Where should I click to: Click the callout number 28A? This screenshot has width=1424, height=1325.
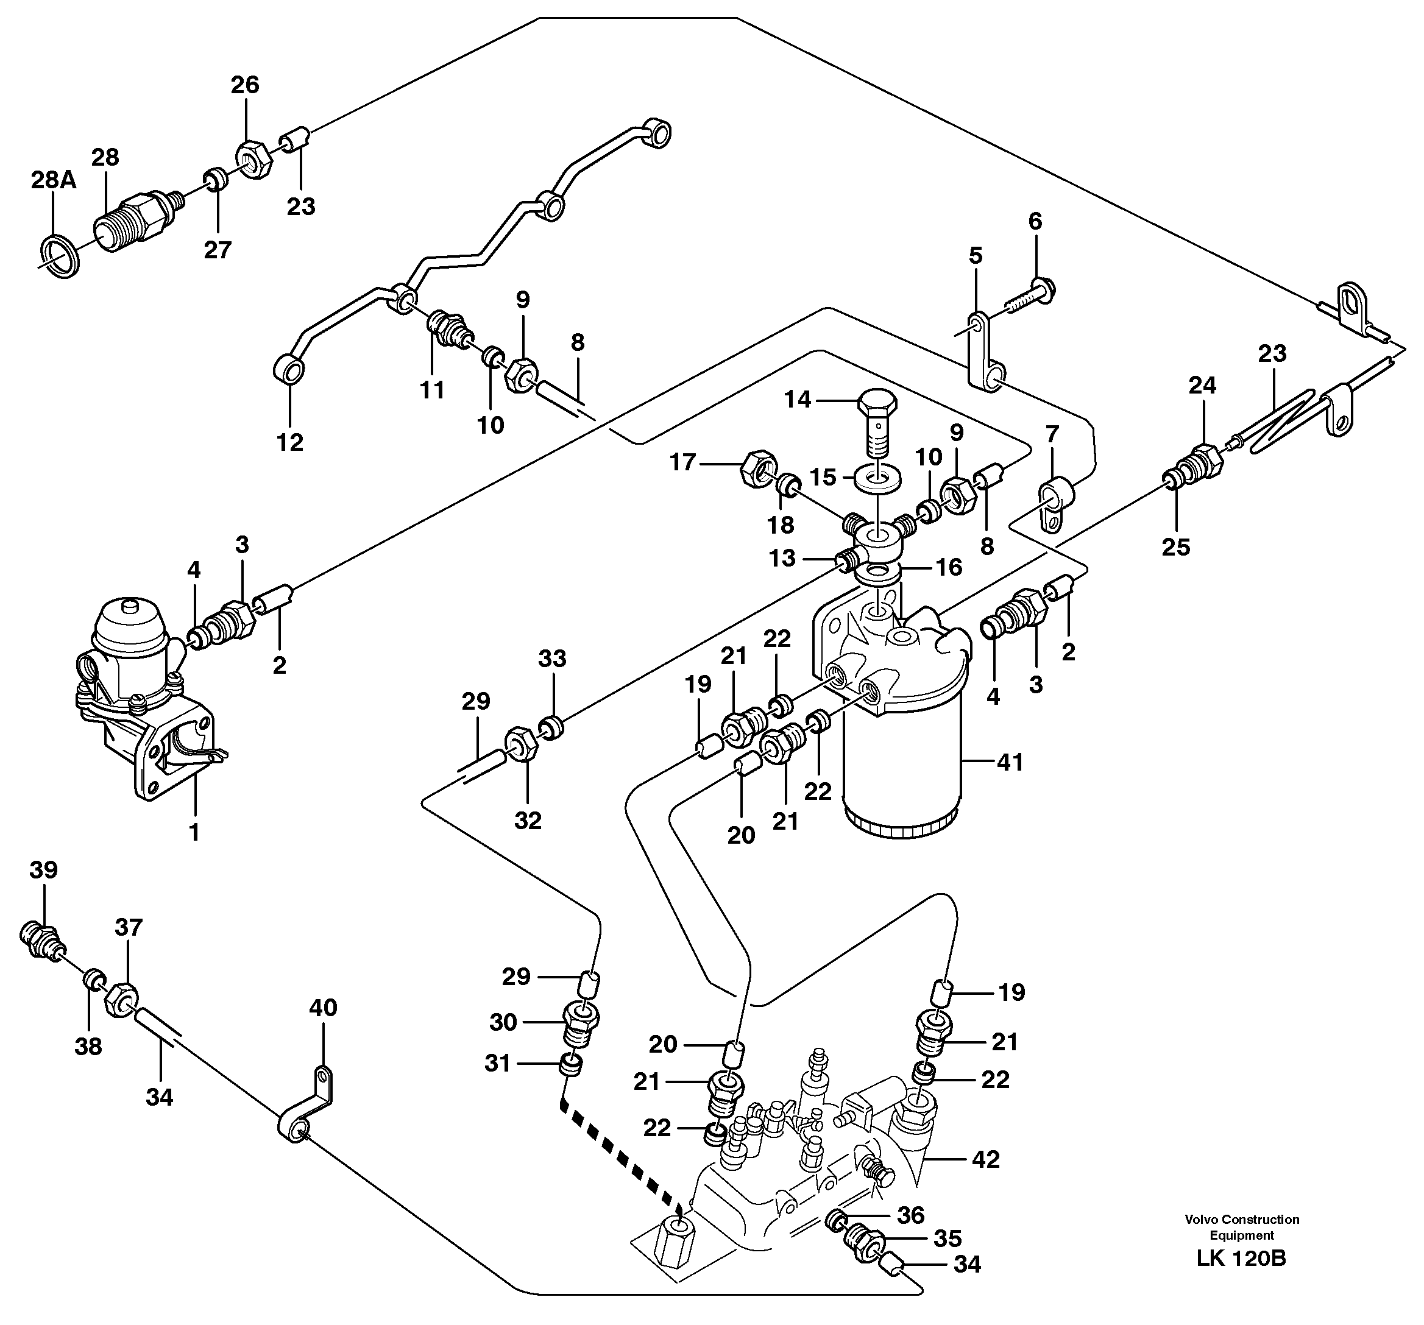[53, 180]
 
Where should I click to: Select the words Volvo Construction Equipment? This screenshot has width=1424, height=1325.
[1241, 1227]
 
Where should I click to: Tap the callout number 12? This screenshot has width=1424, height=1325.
[290, 443]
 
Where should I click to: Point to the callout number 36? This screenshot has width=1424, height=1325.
[910, 1215]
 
